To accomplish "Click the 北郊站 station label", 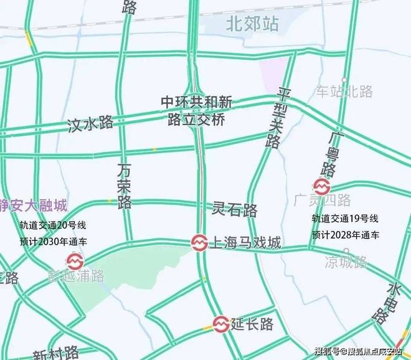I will [x=252, y=24].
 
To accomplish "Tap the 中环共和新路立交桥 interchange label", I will [x=196, y=110].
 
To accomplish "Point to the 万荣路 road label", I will [x=125, y=185].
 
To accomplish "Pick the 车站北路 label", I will [x=344, y=92].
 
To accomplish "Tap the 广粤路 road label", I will [x=330, y=154].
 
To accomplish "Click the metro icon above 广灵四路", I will [x=321, y=186].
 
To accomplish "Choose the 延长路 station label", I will [x=252, y=324].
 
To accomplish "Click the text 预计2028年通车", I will [x=344, y=235].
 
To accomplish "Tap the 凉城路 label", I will [x=346, y=262].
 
